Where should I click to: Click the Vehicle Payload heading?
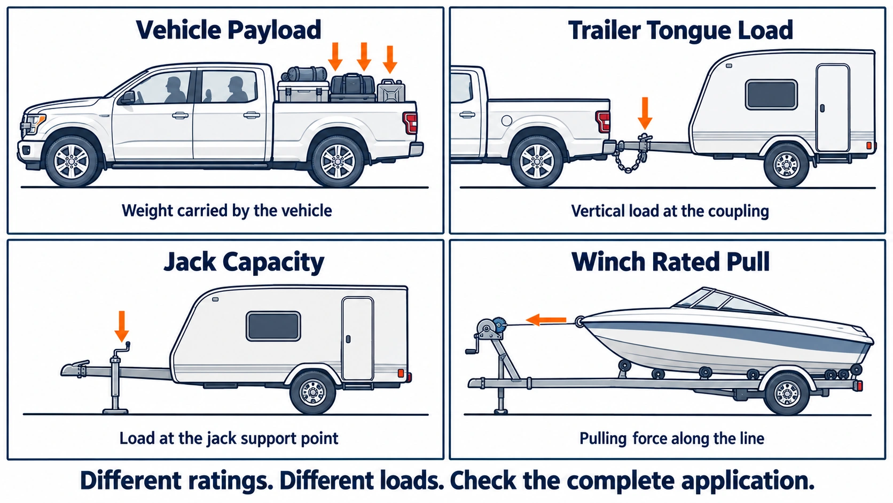229,30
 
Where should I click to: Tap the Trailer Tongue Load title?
680,31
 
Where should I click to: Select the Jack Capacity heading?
244,262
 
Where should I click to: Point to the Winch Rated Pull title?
670,262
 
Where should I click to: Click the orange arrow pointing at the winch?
546,320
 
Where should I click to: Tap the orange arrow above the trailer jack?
122,326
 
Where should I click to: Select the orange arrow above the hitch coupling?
645,113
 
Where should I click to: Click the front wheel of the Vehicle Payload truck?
72,161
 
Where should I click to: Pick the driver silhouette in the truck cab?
174,90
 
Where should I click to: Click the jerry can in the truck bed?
391,91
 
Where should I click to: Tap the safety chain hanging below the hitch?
630,159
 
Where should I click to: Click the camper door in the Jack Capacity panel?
358,338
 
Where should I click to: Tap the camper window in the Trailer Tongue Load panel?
771,95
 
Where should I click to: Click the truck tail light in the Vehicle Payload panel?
410,122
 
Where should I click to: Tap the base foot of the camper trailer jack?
115,411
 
